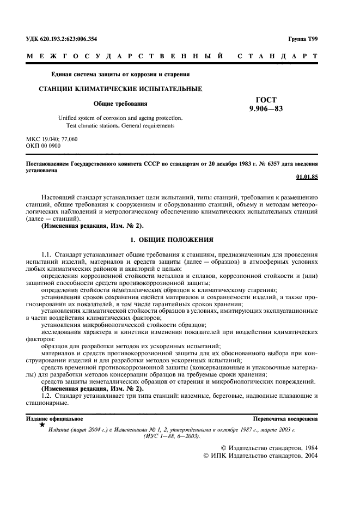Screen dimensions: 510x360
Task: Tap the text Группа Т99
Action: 303,39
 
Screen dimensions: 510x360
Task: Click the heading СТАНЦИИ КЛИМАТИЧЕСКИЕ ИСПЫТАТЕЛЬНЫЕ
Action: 119,88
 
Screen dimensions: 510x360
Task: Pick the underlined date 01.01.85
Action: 307,177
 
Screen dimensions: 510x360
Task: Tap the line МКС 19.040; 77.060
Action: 52,139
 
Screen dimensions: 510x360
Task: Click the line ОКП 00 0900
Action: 44,146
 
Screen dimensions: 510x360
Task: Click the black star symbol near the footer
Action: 42,424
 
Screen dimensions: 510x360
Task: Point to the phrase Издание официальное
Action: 54,418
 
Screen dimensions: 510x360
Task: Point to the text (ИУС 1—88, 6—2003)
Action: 172,436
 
